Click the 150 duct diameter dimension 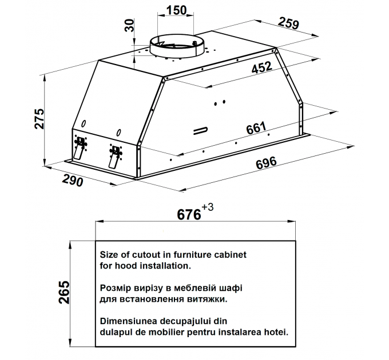pos(176,10)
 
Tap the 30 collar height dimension pos(129,26)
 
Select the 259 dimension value pos(288,23)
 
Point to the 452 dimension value pos(262,67)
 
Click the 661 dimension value pos(256,128)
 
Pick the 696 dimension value pos(266,163)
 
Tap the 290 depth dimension pos(73,180)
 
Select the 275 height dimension pos(39,118)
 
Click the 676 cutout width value pos(189,214)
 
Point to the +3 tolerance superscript pos(208,207)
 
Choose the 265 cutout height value pos(64,293)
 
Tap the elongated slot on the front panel pos(200,130)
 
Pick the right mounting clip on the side pos(115,156)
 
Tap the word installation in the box pos(165,266)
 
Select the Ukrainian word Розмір pos(116,289)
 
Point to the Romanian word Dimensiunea pos(129,321)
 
